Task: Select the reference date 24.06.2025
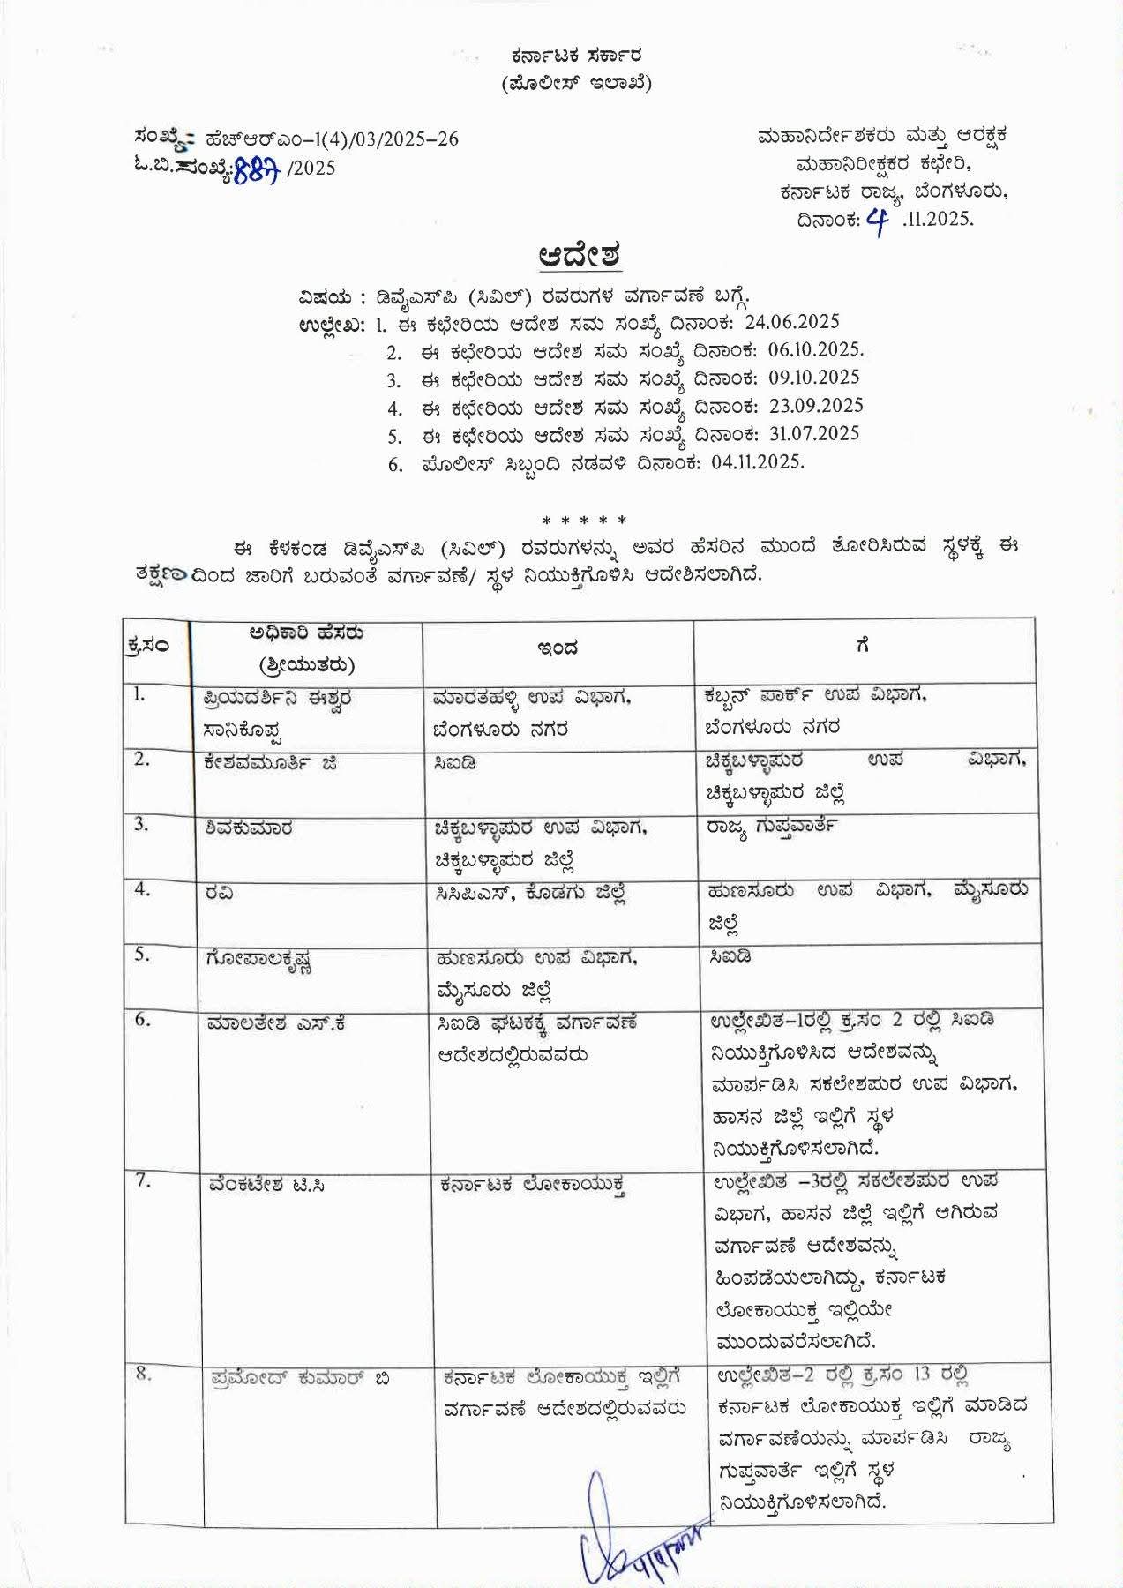pyautogui.click(x=792, y=321)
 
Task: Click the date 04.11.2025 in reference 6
pyautogui.click(x=757, y=461)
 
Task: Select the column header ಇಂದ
pyautogui.click(x=558, y=648)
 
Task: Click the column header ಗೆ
pyautogui.click(x=863, y=646)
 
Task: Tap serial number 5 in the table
pyautogui.click(x=141, y=955)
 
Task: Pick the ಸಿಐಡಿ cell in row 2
pyautogui.click(x=455, y=762)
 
